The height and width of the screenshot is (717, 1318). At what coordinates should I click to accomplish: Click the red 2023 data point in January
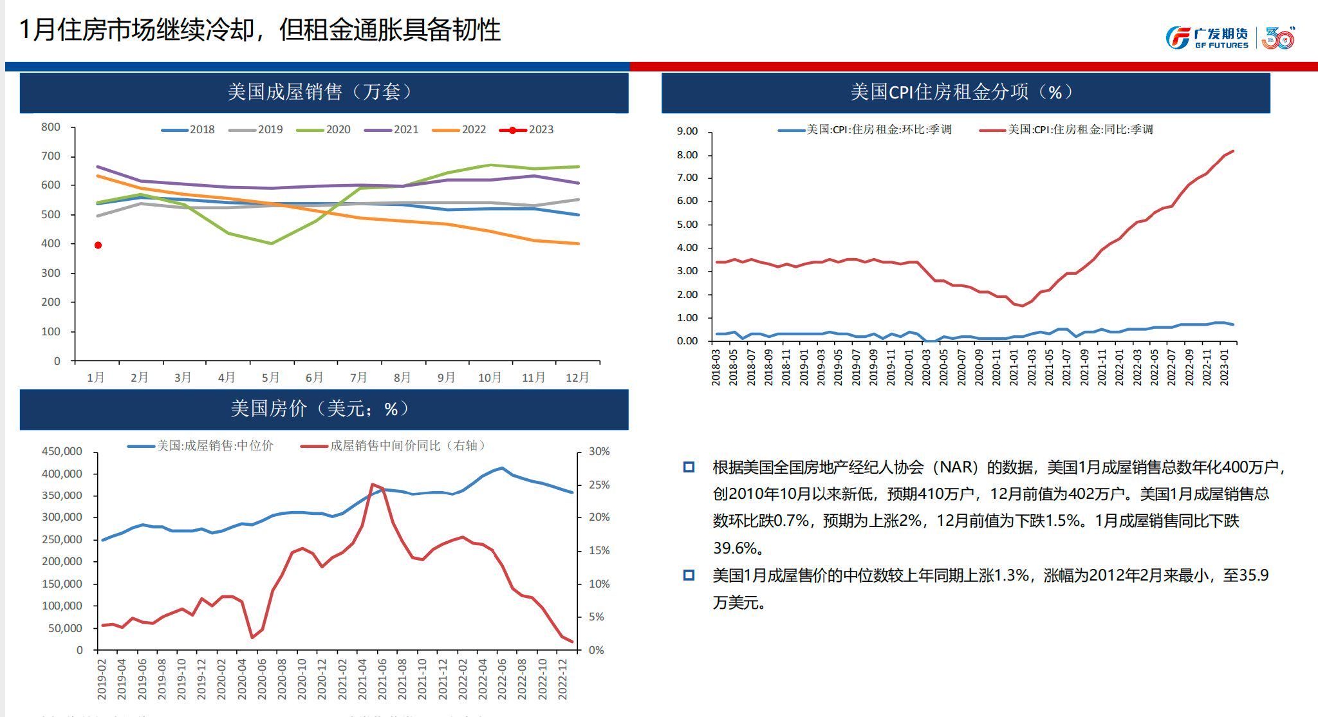98,245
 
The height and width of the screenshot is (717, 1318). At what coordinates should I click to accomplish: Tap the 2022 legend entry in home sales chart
459,129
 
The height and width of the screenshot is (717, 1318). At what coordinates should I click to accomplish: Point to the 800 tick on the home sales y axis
51,127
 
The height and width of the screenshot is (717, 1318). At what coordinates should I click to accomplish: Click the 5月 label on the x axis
270,377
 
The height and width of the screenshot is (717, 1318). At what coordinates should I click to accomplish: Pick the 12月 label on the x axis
577,377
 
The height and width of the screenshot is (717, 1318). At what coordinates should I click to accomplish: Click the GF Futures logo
1207,38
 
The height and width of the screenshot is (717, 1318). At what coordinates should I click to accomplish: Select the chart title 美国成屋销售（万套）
320,92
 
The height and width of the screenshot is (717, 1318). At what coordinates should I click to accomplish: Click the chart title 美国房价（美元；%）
320,409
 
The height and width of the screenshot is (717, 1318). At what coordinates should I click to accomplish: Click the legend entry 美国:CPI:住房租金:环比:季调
865,129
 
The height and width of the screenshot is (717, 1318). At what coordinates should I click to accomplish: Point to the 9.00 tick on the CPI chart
687,131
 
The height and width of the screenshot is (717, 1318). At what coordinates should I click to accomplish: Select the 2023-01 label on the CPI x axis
1224,367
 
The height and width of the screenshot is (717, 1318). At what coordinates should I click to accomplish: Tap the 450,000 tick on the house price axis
62,452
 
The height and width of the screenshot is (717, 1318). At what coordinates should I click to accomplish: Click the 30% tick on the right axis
599,452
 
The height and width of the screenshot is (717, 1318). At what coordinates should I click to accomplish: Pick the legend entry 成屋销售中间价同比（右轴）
395,445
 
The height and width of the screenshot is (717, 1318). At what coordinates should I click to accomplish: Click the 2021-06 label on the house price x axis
382,679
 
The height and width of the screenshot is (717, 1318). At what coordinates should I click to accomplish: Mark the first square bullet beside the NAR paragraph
689,467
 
